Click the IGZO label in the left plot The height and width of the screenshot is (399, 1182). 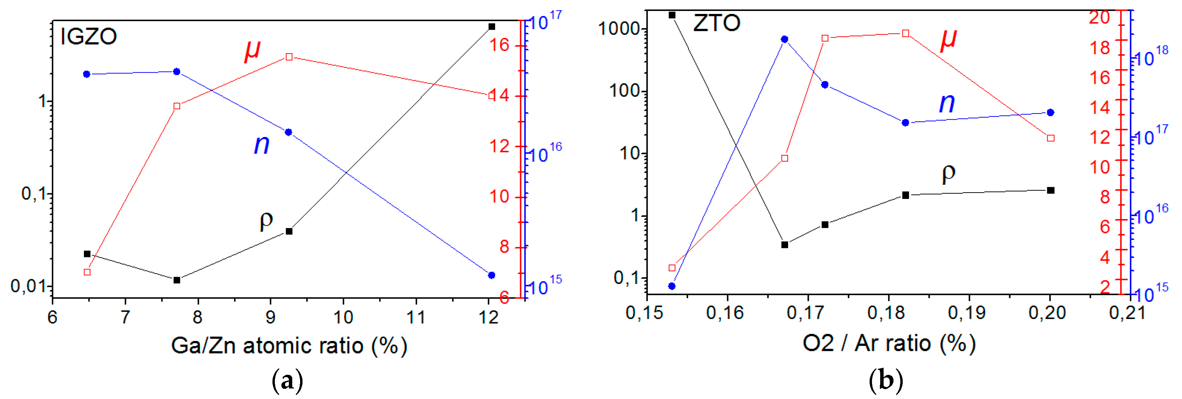coord(89,37)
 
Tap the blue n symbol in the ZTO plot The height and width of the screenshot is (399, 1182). coord(947,103)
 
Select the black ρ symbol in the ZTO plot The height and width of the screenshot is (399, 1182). coord(948,173)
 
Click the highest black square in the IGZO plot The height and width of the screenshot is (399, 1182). coord(491,27)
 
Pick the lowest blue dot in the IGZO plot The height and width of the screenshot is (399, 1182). coord(491,275)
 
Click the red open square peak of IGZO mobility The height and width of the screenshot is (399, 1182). coord(289,57)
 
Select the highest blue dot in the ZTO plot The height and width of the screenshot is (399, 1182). coord(785,40)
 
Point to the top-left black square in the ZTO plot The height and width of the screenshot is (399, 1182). coord(672,15)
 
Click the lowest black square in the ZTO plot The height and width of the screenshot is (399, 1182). coord(785,245)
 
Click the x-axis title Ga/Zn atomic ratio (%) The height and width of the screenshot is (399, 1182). coord(289,346)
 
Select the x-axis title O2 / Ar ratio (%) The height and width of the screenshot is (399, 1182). coord(889,343)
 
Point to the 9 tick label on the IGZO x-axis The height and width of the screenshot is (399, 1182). coord(270,317)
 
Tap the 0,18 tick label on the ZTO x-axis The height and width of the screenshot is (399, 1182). coord(886,313)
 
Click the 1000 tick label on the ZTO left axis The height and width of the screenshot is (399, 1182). coord(619,28)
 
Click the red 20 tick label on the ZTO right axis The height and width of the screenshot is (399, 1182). coord(1099,17)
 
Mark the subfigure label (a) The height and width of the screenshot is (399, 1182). coord(288,381)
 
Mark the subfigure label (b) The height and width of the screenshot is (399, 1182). coord(886,381)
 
